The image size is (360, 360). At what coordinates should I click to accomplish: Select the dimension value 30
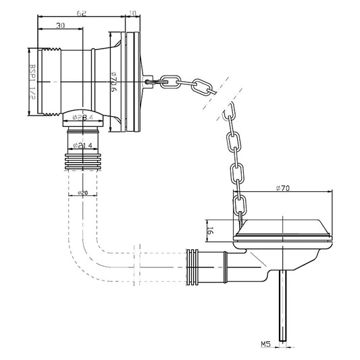(61, 26)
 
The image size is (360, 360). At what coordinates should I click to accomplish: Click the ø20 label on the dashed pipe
(84, 192)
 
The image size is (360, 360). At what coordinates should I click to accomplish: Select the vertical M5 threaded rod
(283, 304)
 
